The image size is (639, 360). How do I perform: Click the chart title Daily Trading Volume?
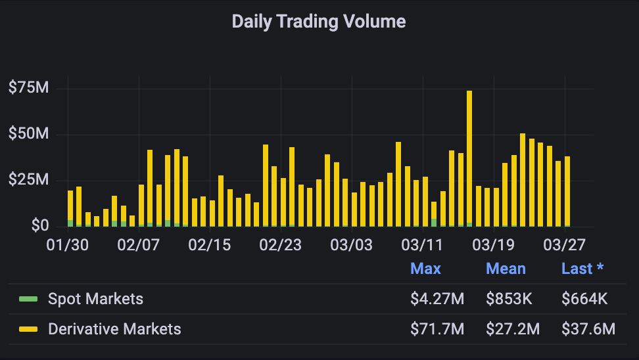pyautogui.click(x=319, y=22)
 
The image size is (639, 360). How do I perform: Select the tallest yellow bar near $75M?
pyautogui.click(x=469, y=158)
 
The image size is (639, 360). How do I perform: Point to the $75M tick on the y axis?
pyautogui.click(x=29, y=87)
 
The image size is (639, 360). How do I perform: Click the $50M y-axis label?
pyautogui.click(x=29, y=134)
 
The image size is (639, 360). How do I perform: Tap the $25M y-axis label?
pyautogui.click(x=29, y=180)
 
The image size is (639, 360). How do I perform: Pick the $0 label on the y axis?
pyautogui.click(x=39, y=226)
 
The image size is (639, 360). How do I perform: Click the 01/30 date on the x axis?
pyautogui.click(x=68, y=245)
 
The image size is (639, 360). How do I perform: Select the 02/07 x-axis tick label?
pyautogui.click(x=139, y=245)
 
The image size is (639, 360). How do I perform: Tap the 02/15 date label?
pyautogui.click(x=210, y=245)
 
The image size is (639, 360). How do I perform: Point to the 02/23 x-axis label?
pyautogui.click(x=281, y=245)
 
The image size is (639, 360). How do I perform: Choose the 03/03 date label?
pyautogui.click(x=352, y=245)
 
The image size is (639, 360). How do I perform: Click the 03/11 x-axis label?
pyautogui.click(x=422, y=245)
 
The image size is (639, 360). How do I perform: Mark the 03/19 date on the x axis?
pyautogui.click(x=493, y=245)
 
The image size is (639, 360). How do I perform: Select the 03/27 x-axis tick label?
pyautogui.click(x=564, y=245)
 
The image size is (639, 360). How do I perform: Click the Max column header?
pyautogui.click(x=425, y=269)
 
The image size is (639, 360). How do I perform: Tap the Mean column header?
pyautogui.click(x=506, y=269)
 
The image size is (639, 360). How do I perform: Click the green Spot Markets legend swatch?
pyautogui.click(x=28, y=300)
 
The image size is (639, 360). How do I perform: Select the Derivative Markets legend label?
pyautogui.click(x=114, y=328)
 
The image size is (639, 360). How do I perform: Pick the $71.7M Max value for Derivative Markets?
pyautogui.click(x=437, y=328)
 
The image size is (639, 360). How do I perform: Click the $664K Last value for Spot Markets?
pyautogui.click(x=584, y=300)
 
